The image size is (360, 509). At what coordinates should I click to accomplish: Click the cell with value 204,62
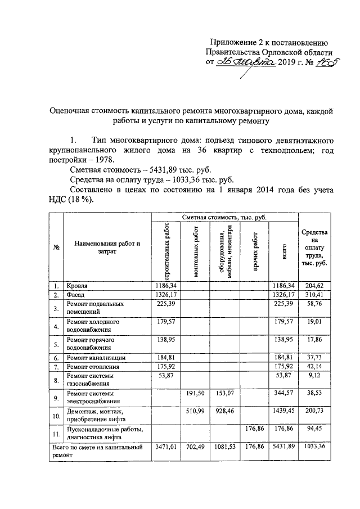(x=315, y=286)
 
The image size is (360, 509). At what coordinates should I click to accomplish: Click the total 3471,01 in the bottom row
(x=165, y=447)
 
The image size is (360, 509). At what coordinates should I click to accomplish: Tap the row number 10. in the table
(x=56, y=416)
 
